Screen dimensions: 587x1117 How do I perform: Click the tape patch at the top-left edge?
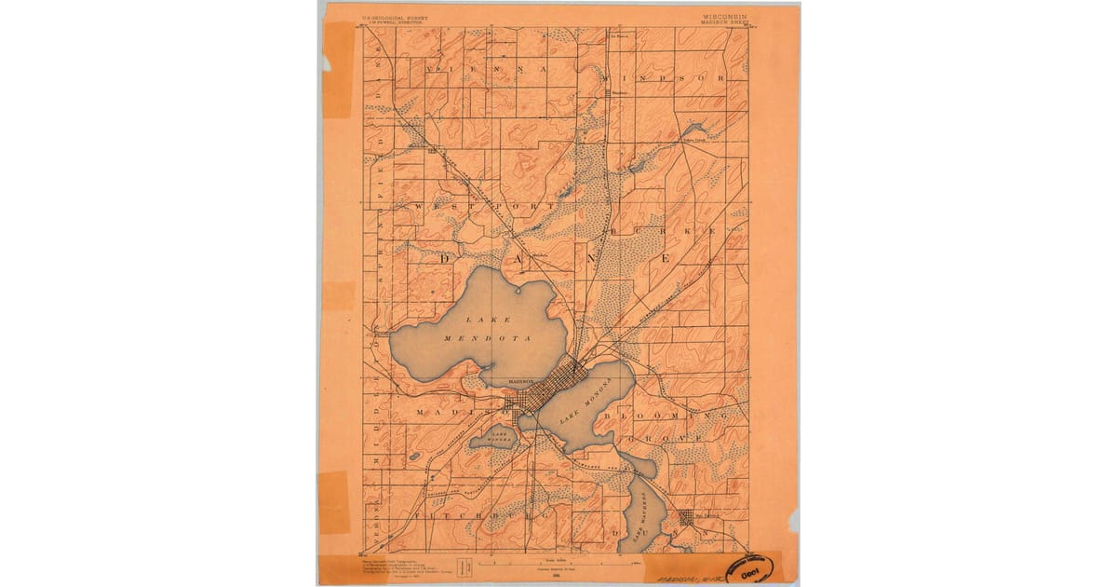pyautogui.click(x=336, y=70)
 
